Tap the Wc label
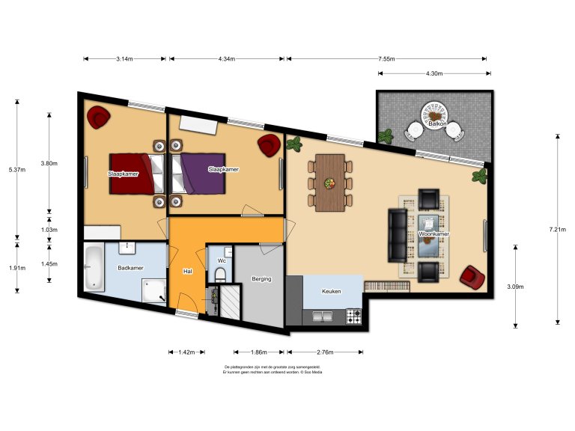click(x=222, y=260)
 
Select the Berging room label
click(x=261, y=279)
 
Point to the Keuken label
click(x=332, y=292)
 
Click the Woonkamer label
click(x=434, y=234)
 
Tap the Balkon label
click(x=437, y=123)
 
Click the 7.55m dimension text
click(x=387, y=58)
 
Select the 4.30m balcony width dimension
click(x=434, y=74)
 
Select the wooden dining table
click(x=329, y=183)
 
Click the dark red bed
click(x=136, y=172)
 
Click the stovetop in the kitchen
click(x=353, y=316)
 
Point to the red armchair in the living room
click(x=472, y=277)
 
